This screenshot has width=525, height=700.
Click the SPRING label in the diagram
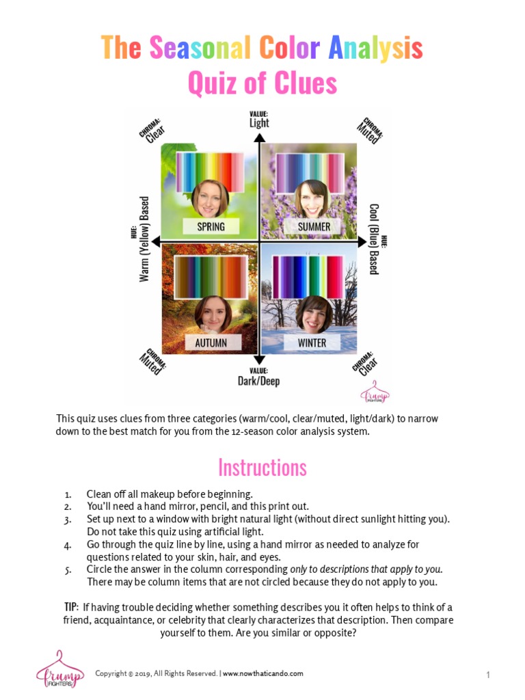tap(210, 226)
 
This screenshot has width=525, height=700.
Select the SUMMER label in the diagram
tap(314, 226)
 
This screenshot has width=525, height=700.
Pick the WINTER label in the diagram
tap(312, 342)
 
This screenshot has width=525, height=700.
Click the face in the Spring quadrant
tap(210, 198)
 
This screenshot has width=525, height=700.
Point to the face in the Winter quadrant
tap(314, 314)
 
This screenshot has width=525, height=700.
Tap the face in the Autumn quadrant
tap(212, 314)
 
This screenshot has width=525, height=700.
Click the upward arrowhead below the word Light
tap(259, 137)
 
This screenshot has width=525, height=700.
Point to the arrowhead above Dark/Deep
tap(259, 360)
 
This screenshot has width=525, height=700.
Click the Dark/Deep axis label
tap(259, 381)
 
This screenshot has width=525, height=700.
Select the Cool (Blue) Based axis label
tap(374, 239)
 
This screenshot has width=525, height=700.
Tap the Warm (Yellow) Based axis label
tap(144, 239)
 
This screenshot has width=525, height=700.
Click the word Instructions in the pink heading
tap(262, 468)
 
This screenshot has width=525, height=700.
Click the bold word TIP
tap(71, 607)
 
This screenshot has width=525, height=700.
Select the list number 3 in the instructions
tap(68, 519)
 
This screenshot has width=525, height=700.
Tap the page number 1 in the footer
tap(488, 675)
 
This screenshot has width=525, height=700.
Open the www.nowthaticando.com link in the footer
tap(262, 673)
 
